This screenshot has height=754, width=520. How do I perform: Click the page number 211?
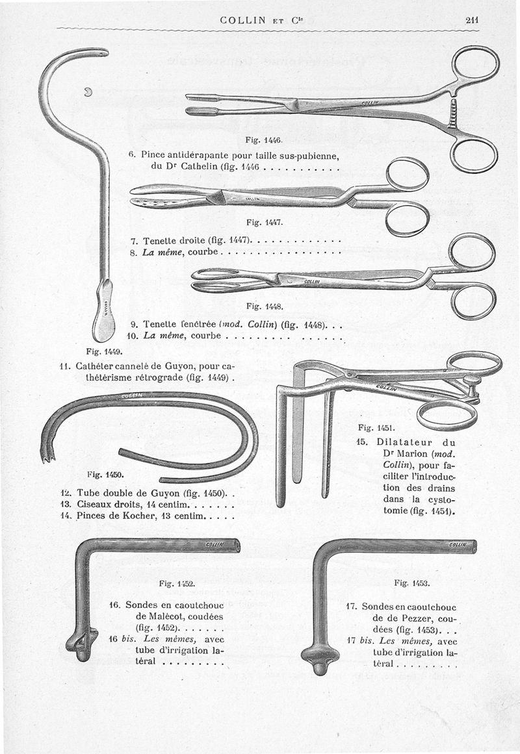tap(472, 19)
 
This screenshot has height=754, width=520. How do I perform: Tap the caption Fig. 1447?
tap(265, 222)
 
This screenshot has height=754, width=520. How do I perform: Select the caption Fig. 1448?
tap(265, 306)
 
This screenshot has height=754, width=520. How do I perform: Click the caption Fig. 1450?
tap(105, 474)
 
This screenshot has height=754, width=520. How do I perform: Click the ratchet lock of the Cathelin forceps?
tap(452, 114)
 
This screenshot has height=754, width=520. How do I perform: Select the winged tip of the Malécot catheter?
tap(82, 644)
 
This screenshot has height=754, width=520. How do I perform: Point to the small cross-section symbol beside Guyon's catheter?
tap(88, 92)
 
